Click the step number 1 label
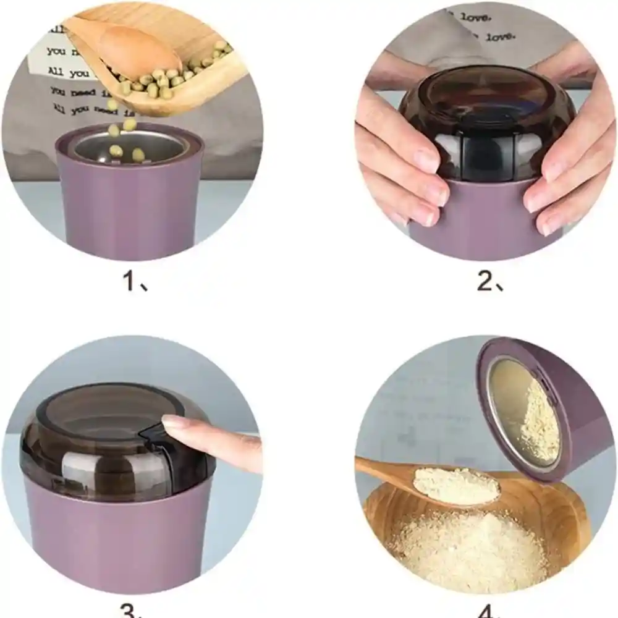[135, 282]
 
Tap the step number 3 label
[133, 611]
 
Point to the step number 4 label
[488, 611]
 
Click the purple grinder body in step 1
[130, 210]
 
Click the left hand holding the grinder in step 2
[402, 161]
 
